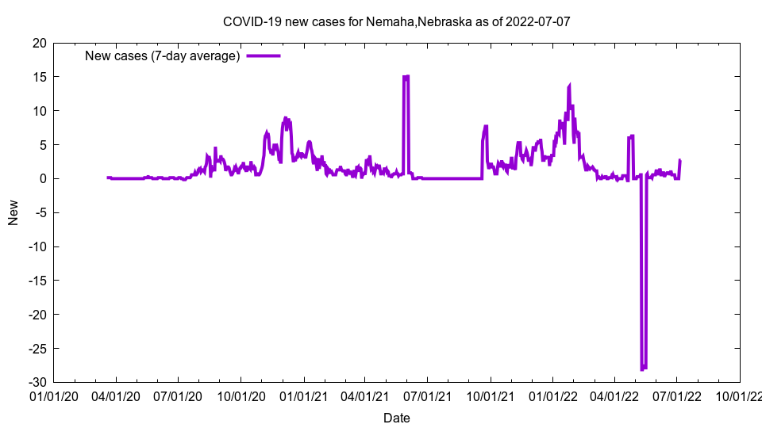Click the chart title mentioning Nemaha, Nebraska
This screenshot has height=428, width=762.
click(396, 21)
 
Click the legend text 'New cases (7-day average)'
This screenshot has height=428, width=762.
click(163, 55)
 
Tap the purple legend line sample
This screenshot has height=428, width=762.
click(264, 55)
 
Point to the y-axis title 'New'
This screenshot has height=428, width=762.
click(13, 212)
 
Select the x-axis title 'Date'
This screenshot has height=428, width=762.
click(396, 418)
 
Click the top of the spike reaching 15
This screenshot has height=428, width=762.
click(406, 77)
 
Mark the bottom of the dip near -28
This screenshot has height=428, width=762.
click(643, 369)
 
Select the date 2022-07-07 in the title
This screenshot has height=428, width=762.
click(539, 21)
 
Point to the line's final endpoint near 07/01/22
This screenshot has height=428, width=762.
click(679, 161)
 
